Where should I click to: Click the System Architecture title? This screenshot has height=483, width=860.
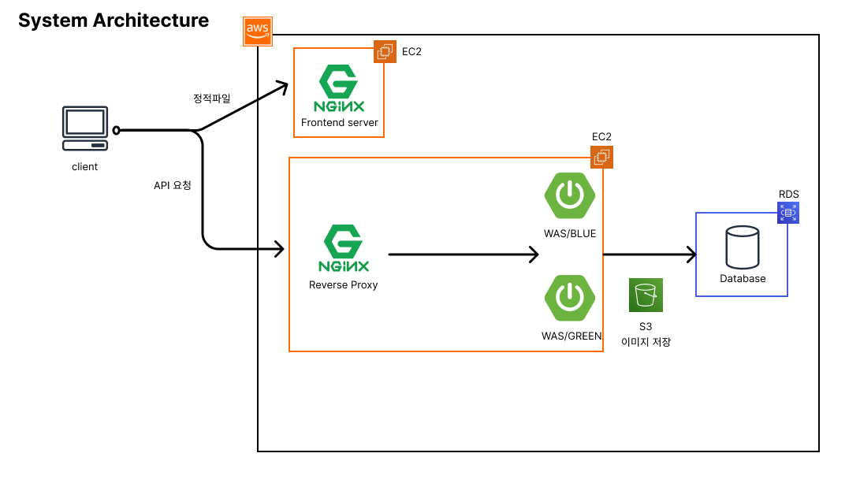coord(114,20)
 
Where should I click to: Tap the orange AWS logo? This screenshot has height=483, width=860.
coord(258,31)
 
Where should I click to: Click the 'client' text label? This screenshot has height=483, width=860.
coord(84,166)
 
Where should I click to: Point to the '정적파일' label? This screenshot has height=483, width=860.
coord(212,98)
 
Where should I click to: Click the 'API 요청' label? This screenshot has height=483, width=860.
coord(173,186)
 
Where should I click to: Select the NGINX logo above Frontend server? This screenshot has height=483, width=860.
coord(339,91)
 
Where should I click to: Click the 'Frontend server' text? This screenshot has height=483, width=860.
coord(339,123)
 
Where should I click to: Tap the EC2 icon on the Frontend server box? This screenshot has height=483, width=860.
coord(385,52)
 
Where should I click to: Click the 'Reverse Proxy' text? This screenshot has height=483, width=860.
coord(343,285)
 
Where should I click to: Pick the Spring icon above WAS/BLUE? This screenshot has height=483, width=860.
coord(569,195)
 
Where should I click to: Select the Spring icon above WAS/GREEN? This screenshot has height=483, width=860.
coord(569,298)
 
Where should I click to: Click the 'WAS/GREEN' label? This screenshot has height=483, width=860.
coord(571,336)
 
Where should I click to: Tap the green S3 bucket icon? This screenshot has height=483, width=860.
coord(646,295)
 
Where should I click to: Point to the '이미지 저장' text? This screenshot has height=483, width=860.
coord(646,343)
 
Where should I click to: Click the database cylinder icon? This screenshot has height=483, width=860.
coord(742,247)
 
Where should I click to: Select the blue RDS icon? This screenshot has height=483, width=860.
coord(788,212)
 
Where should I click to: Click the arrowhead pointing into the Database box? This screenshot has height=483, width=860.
coord(691,255)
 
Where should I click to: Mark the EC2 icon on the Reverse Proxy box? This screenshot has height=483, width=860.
coord(601,158)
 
